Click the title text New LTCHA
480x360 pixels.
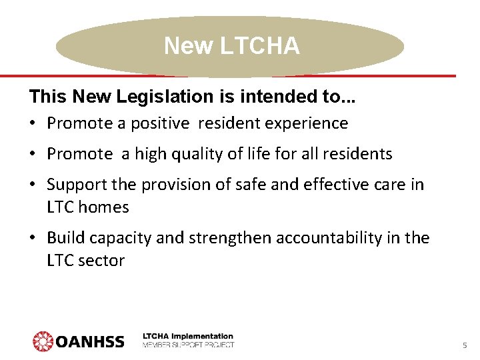coord(231,46)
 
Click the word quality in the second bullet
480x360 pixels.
coord(195,155)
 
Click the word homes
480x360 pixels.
coord(104,207)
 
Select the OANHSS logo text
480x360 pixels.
coord(90,342)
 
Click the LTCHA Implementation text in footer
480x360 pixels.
coord(188,337)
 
